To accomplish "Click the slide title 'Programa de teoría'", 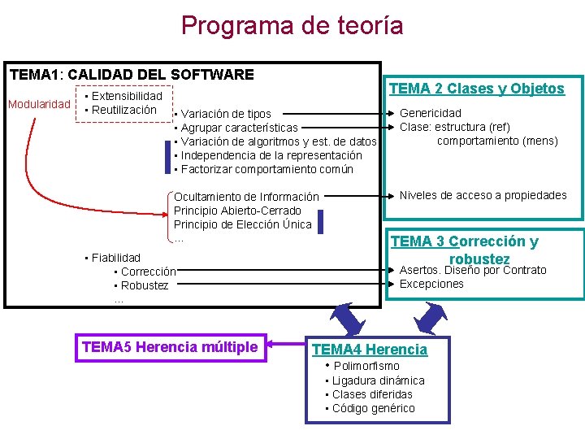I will coord(292,25).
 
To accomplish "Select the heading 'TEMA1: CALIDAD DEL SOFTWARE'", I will coord(132,75).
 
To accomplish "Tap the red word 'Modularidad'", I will coord(39,104).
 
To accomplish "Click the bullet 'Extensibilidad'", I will coord(127,96).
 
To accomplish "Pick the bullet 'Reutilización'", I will coord(123,110).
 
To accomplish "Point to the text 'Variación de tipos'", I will coord(226,114).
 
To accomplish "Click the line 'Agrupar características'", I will coord(239,128).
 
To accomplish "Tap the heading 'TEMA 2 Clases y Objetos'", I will coord(476,89).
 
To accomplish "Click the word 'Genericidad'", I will coord(430,113).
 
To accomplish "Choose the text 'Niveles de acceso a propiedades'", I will coord(483,195).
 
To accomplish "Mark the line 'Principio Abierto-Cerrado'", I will coord(237,211).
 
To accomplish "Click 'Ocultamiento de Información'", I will coord(246,197).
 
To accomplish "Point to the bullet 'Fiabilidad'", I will coord(115,258).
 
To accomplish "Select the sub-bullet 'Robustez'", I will coord(144,285).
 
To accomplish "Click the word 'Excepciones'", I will coord(431,284).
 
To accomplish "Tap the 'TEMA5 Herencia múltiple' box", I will coord(170,347).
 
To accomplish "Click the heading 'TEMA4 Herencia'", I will coord(370,350).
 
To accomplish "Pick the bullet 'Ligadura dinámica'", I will coord(378,380).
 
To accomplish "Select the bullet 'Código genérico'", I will coord(373,408).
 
